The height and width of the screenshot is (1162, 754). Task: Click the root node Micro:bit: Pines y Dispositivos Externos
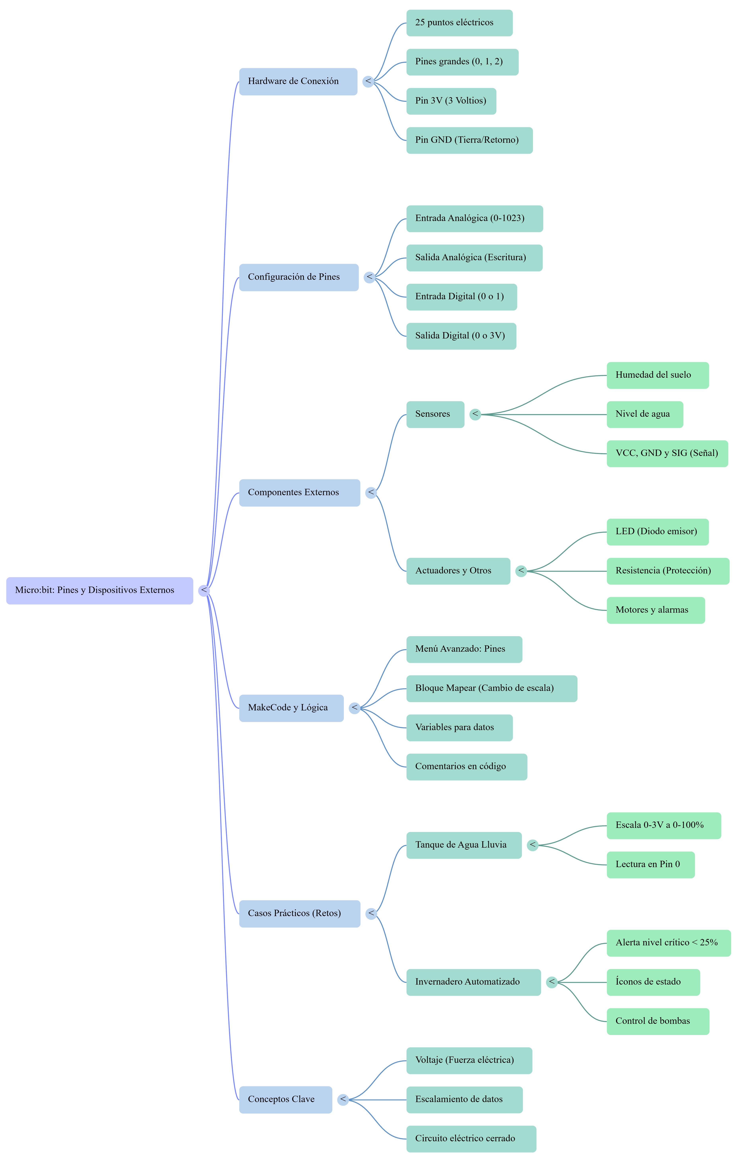click(99, 590)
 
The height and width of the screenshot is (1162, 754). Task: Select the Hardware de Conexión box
click(298, 82)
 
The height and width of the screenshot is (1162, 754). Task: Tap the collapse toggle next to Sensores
click(475, 414)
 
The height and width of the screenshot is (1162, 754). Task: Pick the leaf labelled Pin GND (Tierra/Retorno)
click(469, 140)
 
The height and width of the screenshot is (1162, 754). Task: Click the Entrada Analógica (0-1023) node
click(474, 218)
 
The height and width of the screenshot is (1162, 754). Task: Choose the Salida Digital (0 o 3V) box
click(461, 336)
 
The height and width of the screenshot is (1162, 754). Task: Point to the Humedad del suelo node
click(657, 375)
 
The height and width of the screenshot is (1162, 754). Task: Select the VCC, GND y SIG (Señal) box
click(667, 454)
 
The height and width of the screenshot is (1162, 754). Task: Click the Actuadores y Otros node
click(458, 571)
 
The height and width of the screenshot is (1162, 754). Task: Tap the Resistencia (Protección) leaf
click(668, 571)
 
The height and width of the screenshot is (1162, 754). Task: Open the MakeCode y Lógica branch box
click(291, 708)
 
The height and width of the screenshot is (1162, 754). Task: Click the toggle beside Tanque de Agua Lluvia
click(533, 845)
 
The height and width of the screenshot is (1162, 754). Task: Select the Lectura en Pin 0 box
click(651, 865)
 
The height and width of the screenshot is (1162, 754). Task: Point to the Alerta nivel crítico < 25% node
click(669, 943)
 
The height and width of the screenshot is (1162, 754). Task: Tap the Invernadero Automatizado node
click(473, 982)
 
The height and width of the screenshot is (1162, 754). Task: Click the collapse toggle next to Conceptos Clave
click(343, 1099)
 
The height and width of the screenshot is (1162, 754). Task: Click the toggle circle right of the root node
click(204, 590)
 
